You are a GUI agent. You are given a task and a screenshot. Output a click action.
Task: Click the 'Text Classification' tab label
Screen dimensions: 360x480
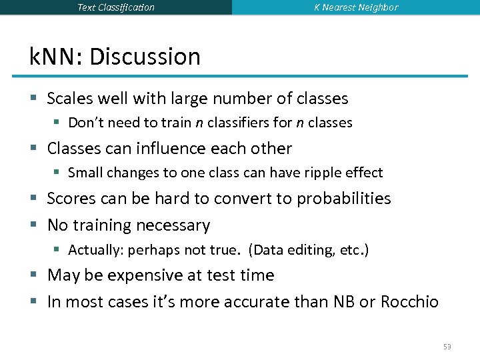pyautogui.click(x=115, y=7)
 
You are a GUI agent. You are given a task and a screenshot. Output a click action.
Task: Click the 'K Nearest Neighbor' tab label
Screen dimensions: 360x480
pyautogui.click(x=356, y=7)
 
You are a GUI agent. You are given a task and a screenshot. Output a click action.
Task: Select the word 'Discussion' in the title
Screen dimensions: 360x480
pyautogui.click(x=145, y=57)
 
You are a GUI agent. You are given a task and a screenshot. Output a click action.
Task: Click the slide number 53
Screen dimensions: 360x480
pyautogui.click(x=447, y=347)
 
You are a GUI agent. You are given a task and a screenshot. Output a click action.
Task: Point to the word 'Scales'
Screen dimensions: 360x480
pyautogui.click(x=69, y=99)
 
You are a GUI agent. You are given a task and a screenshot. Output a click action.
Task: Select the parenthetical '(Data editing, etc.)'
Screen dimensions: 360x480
pyautogui.click(x=309, y=250)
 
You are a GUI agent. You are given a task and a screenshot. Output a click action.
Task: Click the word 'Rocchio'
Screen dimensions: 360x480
pyautogui.click(x=409, y=302)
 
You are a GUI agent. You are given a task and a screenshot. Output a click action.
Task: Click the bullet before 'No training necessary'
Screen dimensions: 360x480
pyautogui.click(x=33, y=225)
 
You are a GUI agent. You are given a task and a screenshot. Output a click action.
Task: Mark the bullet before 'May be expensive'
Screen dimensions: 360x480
pyautogui.click(x=33, y=275)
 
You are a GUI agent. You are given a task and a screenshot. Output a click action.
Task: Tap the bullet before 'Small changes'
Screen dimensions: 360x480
pyautogui.click(x=57, y=173)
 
